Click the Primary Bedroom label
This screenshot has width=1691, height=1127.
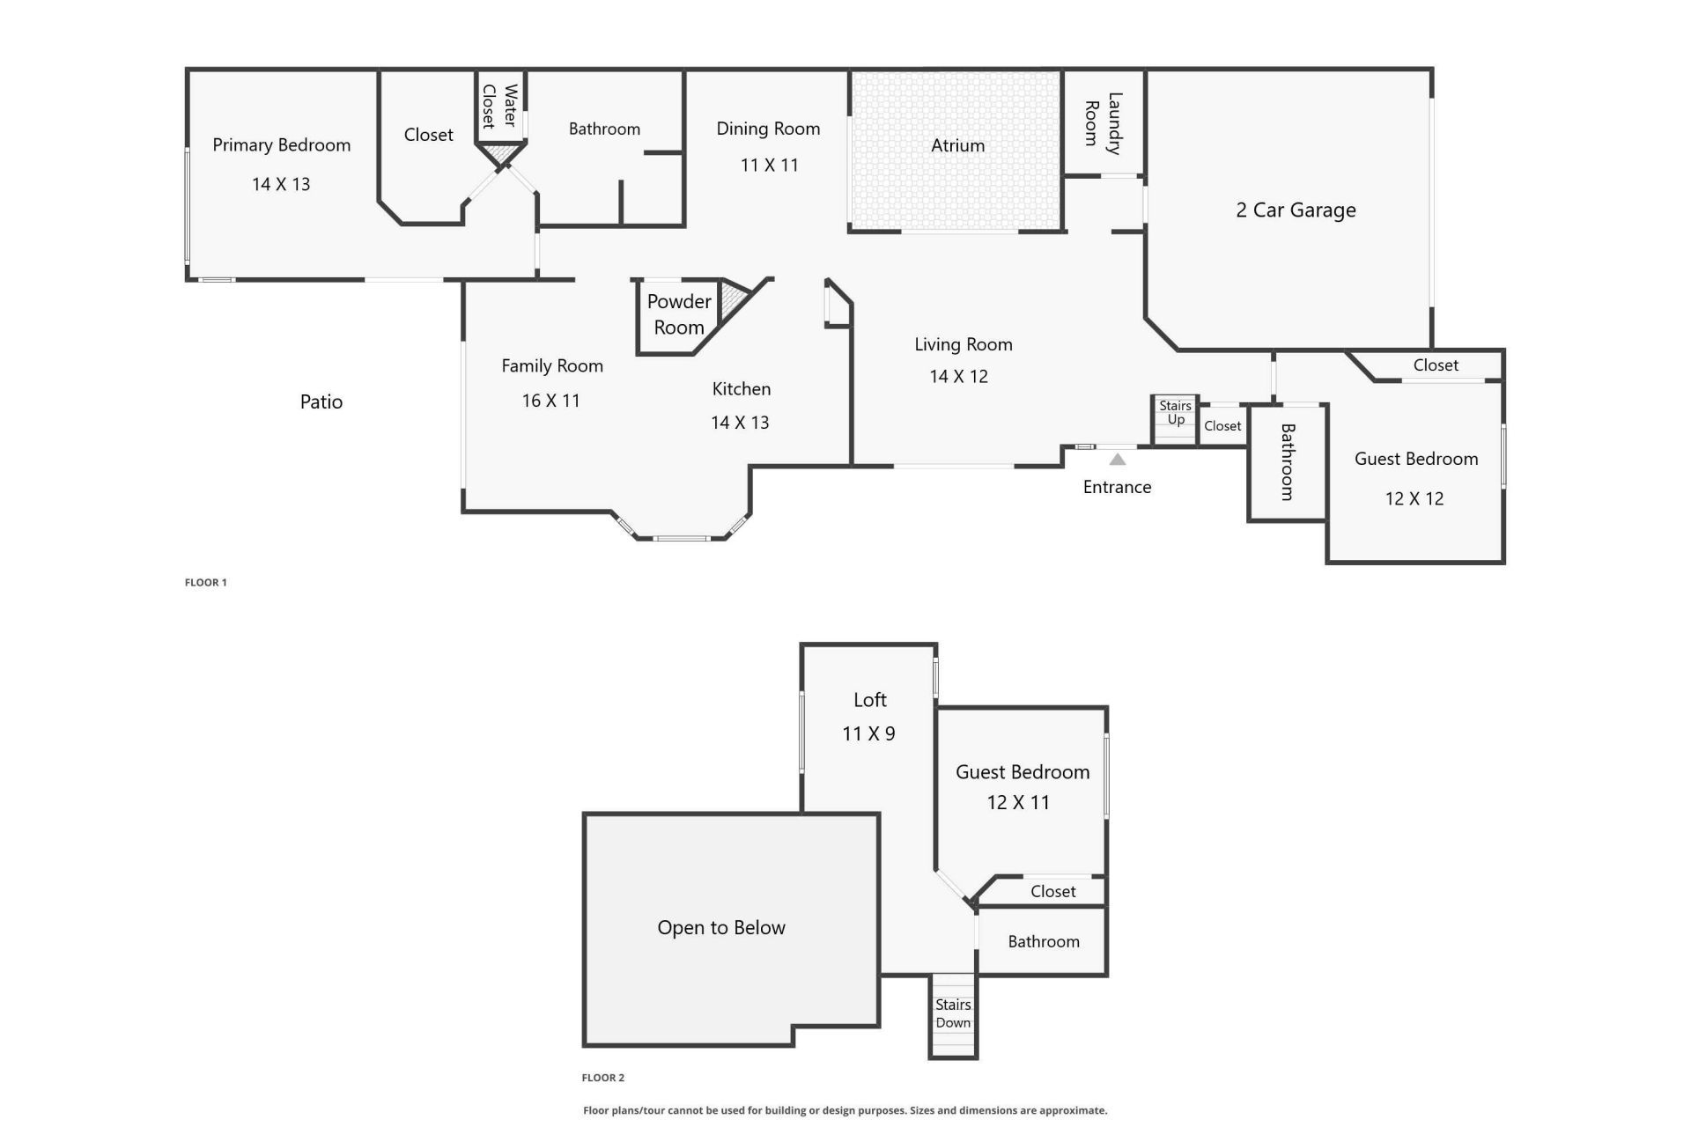pyautogui.click(x=281, y=145)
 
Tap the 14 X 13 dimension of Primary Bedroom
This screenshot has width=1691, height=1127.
pyautogui.click(x=281, y=184)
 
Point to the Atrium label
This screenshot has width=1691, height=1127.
pyautogui.click(x=957, y=145)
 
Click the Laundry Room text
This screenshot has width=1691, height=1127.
pyautogui.click(x=1103, y=123)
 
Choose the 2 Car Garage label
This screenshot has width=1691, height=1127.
pyautogui.click(x=1296, y=210)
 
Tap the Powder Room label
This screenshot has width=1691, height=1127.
pyautogui.click(x=679, y=314)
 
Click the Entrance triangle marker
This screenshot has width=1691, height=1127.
pyautogui.click(x=1117, y=460)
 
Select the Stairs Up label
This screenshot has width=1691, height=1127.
pyautogui.click(x=1175, y=412)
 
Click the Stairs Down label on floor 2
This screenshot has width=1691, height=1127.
pyautogui.click(x=953, y=1013)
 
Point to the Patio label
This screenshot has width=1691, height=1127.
pyautogui.click(x=321, y=402)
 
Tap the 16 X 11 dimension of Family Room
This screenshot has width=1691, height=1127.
pyautogui.click(x=550, y=401)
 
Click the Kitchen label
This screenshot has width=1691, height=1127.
pyautogui.click(x=741, y=389)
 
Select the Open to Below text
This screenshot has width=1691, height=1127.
pyautogui.click(x=720, y=927)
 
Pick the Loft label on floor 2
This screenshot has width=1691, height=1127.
pyautogui.click(x=869, y=700)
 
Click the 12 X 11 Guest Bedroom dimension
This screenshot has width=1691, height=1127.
pyautogui.click(x=1018, y=802)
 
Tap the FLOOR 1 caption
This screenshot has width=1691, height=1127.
pyautogui.click(x=205, y=582)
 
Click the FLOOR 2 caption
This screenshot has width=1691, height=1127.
pyautogui.click(x=602, y=1078)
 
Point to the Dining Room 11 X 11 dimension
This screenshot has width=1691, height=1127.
pyautogui.click(x=769, y=166)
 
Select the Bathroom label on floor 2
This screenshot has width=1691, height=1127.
pyautogui.click(x=1043, y=941)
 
